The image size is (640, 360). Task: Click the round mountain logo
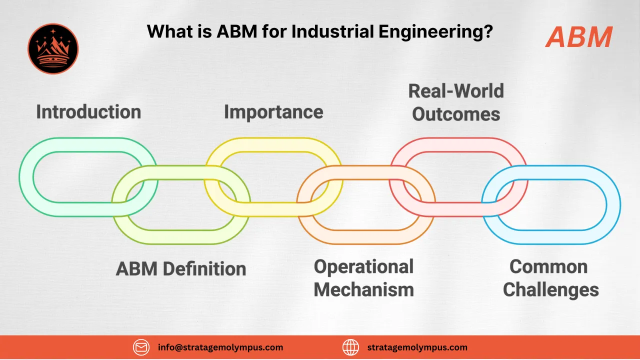coord(53,49)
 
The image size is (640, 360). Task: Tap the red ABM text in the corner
coord(579,37)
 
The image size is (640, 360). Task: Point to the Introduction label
coord(88,111)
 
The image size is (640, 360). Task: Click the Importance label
coord(273,111)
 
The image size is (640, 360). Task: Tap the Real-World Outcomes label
coord(456,102)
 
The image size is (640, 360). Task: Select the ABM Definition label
coord(181,269)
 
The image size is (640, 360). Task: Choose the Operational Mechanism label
coord(363,278)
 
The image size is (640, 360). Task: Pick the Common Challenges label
coord(550,278)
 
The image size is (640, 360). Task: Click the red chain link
coord(458,145)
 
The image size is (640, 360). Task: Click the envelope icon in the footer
coord(141,347)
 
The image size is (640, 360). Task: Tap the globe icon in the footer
coord(351,347)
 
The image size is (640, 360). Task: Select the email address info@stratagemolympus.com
coord(220,347)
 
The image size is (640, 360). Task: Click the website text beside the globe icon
coord(417,347)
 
